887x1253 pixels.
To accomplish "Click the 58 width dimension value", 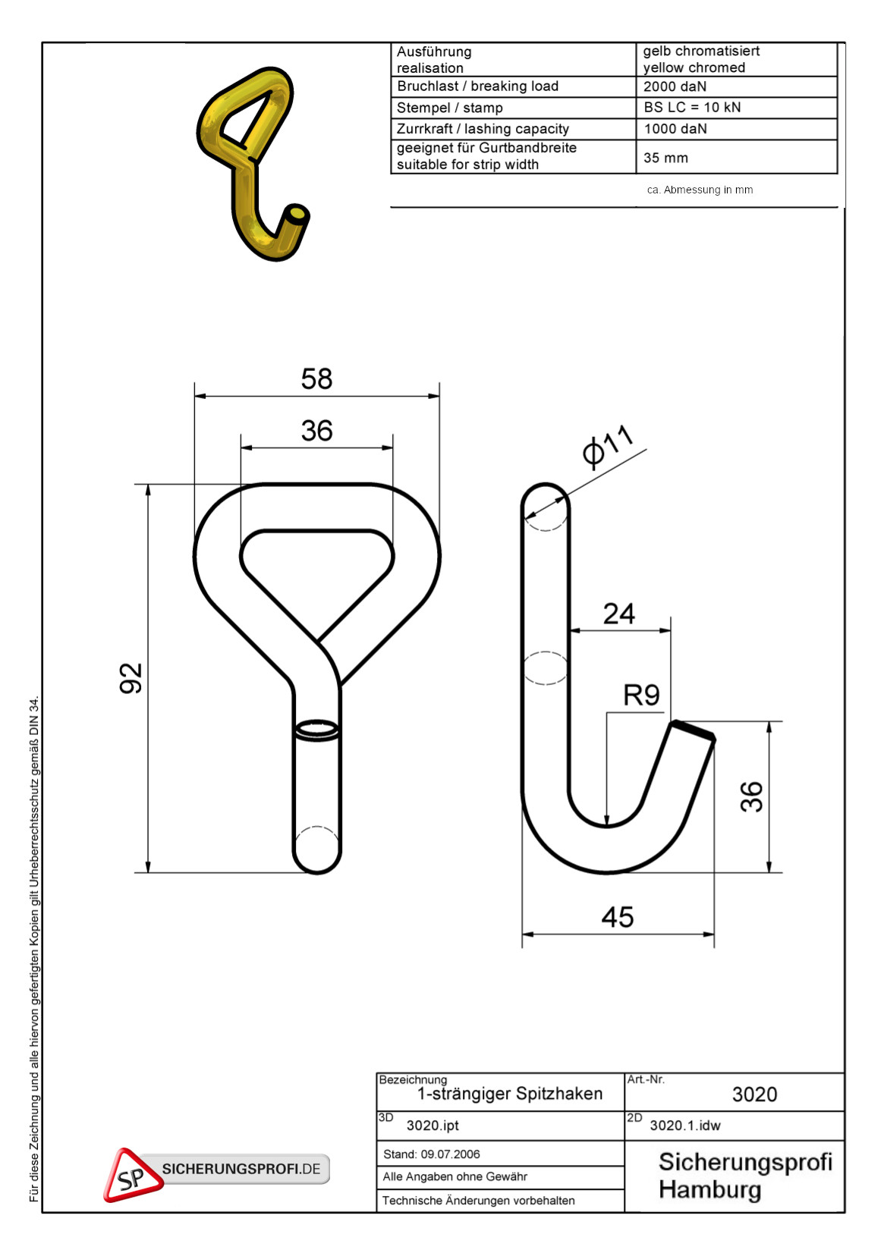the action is pos(316,378).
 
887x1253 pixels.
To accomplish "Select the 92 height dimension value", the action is pos(131,678).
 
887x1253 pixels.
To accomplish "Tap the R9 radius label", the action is pos(641,696).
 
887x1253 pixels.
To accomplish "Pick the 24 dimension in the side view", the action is pos(619,614).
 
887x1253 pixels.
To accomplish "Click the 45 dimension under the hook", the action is pos(618,918).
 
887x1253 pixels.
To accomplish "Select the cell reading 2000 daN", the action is pos(675,86).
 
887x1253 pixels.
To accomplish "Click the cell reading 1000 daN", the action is pos(675,129).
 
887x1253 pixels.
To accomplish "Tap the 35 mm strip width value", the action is pos(665,158).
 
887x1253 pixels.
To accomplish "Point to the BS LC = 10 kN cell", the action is pos(692,108).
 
